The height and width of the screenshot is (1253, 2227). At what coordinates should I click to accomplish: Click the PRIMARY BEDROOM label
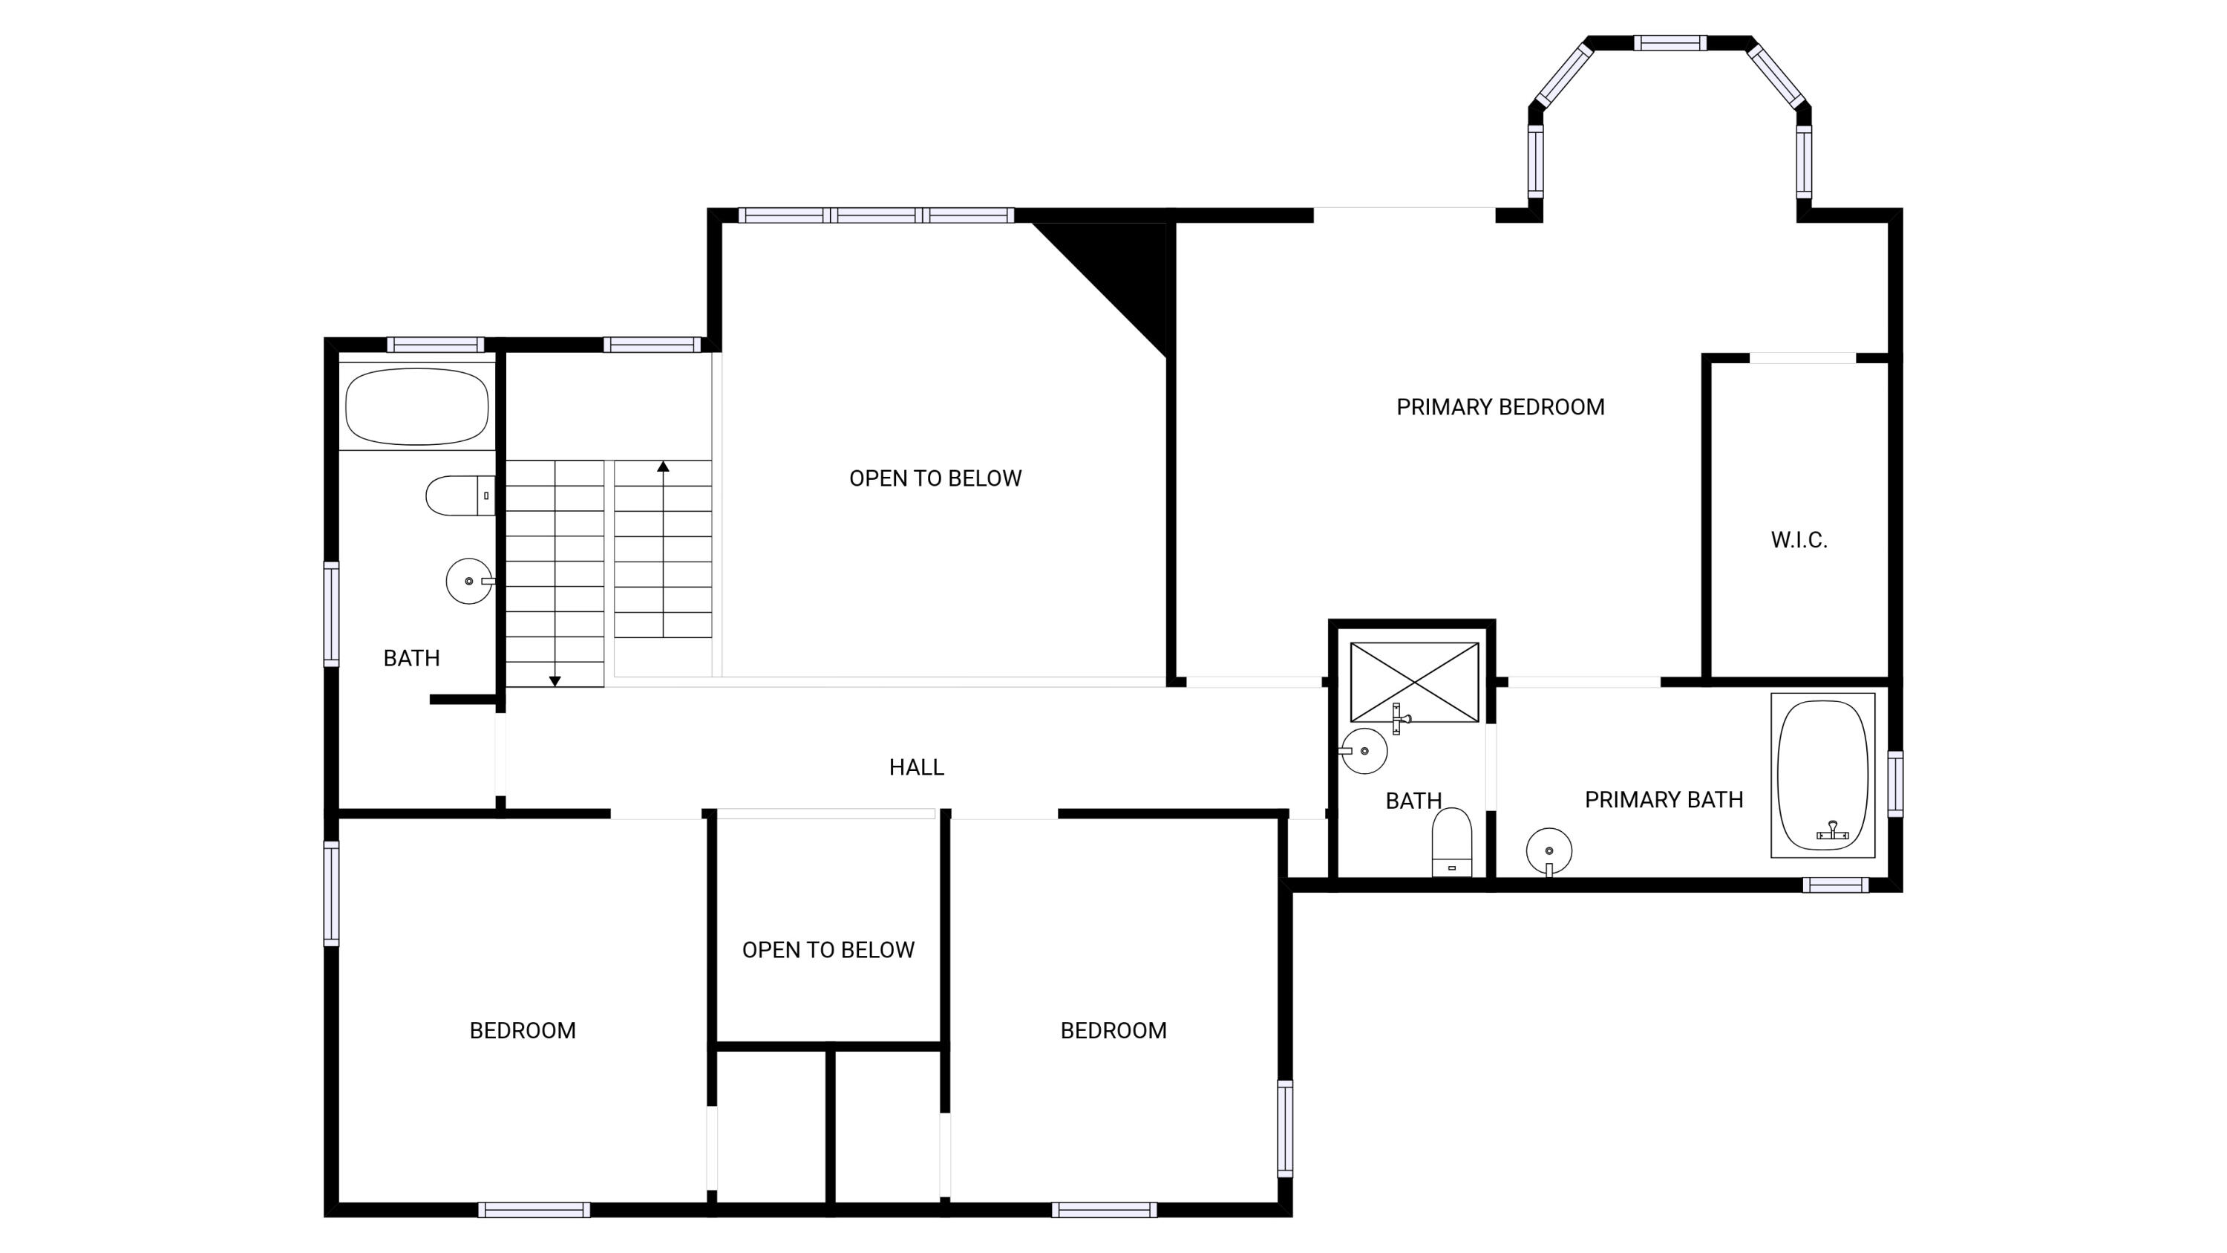click(x=1500, y=407)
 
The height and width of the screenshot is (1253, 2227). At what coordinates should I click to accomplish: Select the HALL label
click(x=916, y=767)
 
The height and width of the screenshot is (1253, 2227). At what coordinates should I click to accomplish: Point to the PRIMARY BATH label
click(x=1664, y=800)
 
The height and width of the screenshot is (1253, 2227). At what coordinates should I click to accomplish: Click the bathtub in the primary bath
click(x=1822, y=775)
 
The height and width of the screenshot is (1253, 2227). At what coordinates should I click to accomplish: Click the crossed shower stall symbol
click(x=1414, y=681)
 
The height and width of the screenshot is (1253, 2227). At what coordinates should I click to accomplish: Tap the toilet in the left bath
click(x=460, y=495)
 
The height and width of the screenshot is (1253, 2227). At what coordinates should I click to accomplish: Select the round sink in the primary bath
click(x=1549, y=851)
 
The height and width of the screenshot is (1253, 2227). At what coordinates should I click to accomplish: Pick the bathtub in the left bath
click(x=416, y=406)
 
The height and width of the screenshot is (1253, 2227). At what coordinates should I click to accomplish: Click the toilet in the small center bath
click(x=1451, y=842)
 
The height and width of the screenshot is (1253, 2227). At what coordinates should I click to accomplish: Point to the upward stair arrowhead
click(x=663, y=467)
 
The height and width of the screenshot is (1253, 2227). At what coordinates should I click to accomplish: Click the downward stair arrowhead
click(x=555, y=681)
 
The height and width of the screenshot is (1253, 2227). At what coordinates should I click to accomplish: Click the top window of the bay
click(x=1670, y=43)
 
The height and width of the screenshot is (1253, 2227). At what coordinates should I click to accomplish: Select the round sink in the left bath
click(x=468, y=581)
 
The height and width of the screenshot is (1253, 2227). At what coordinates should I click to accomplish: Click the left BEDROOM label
click(x=522, y=1031)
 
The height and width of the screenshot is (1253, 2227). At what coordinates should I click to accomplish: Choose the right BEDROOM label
click(x=1113, y=1031)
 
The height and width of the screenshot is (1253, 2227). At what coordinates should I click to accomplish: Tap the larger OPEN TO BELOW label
click(x=935, y=479)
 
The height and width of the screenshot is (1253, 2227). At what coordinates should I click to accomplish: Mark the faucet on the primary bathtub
click(x=1832, y=831)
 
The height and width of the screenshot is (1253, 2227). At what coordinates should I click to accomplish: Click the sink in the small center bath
click(x=1364, y=751)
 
